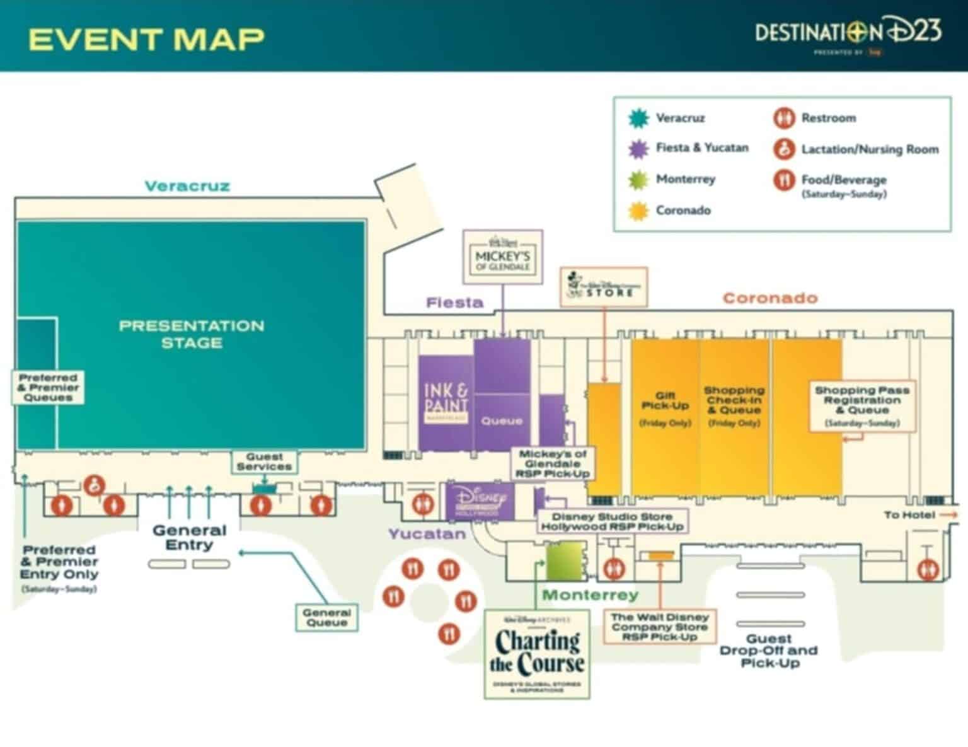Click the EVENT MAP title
click(x=146, y=39)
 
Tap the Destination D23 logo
click(x=848, y=33)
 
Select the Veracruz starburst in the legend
click(x=638, y=118)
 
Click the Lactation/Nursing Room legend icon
click(x=784, y=149)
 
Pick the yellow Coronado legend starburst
click(x=638, y=211)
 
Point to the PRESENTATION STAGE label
click(x=192, y=334)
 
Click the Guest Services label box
click(x=264, y=461)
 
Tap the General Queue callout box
click(x=326, y=617)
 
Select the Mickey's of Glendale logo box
click(x=502, y=256)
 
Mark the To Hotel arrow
click(x=948, y=515)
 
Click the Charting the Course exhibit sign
click(x=537, y=654)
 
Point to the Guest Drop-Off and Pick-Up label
click(x=768, y=651)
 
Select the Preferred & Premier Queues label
click(x=48, y=387)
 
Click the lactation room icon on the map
click(x=95, y=485)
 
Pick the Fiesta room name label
click(x=454, y=303)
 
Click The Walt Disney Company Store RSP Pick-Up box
click(x=660, y=627)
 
